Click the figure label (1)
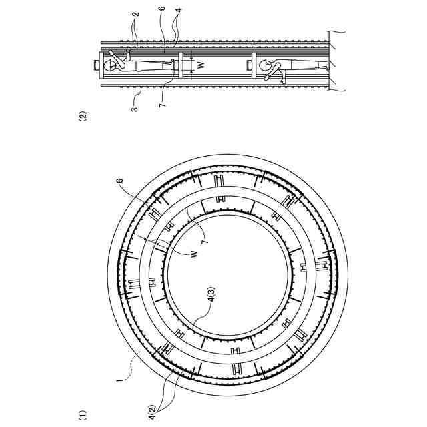click(x=82, y=414)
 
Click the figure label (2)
click(x=82, y=115)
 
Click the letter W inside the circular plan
click(x=194, y=255)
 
